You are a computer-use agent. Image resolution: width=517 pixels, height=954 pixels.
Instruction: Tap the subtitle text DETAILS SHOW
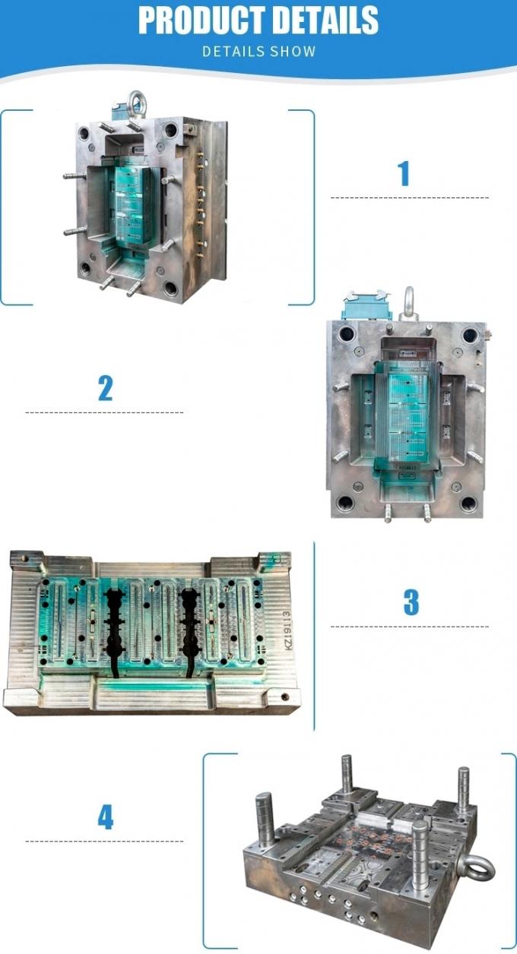click(258, 52)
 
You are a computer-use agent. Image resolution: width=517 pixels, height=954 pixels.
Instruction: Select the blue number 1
click(404, 173)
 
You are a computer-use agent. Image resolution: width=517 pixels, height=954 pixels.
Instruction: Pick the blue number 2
click(105, 388)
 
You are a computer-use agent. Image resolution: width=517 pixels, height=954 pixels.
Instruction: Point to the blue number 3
click(411, 602)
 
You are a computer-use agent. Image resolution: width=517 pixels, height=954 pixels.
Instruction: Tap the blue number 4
click(105, 817)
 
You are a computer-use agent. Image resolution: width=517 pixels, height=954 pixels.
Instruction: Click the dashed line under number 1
click(409, 198)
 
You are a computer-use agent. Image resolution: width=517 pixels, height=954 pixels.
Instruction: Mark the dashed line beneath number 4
click(105, 842)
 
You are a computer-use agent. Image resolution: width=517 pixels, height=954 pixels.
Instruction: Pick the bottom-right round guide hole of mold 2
click(468, 503)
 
